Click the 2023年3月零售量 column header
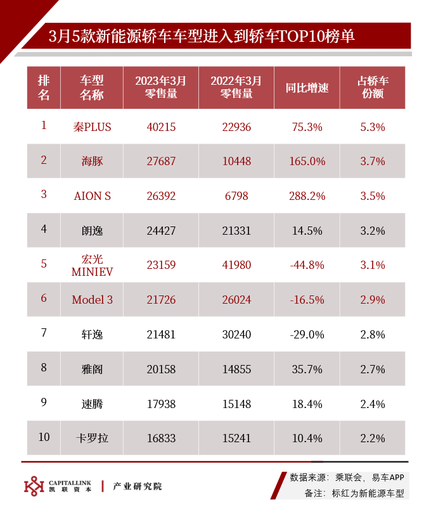(160, 87)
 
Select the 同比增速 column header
(307, 87)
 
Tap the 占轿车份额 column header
(373, 87)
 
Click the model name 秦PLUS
(92, 127)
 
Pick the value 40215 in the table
(160, 127)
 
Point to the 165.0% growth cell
(307, 161)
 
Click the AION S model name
(92, 196)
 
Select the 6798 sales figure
(236, 196)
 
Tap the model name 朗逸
(92, 230)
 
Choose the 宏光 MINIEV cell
(92, 264)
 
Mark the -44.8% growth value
(307, 264)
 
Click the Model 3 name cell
(92, 299)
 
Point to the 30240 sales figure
(236, 334)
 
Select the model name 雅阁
(92, 369)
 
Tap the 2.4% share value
(373, 403)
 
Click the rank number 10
(44, 437)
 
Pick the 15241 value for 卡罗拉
(236, 438)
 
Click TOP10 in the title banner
(313, 36)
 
